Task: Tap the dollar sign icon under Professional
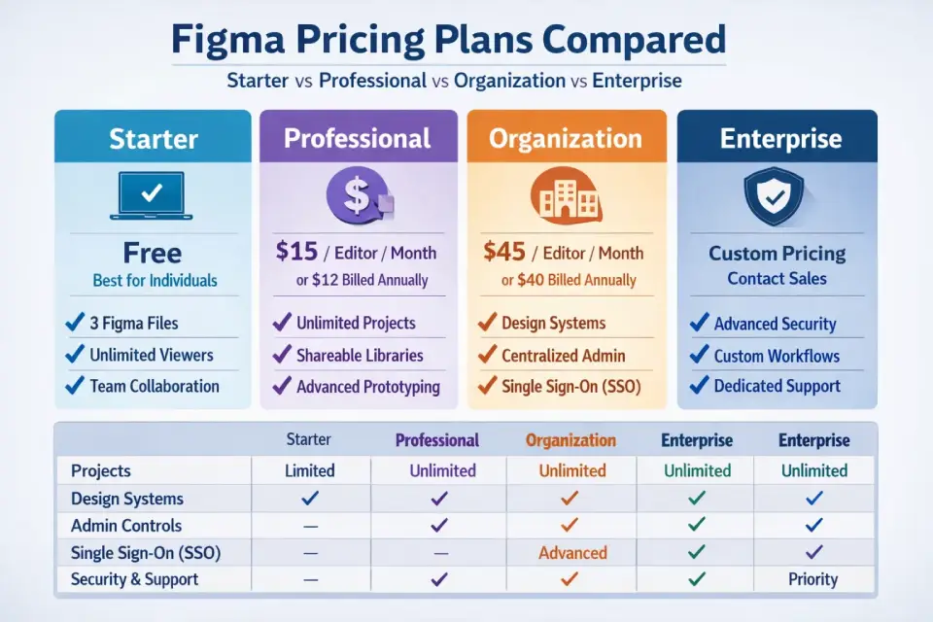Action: (357, 194)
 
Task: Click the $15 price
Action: (296, 253)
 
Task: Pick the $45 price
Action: (504, 253)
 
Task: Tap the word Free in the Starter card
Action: (153, 254)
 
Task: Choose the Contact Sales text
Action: (777, 279)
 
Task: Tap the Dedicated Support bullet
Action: (777, 386)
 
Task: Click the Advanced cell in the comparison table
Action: (572, 553)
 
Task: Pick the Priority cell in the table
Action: (813, 579)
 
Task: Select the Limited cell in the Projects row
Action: (309, 470)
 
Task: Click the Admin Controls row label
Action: (126, 526)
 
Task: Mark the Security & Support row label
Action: (134, 579)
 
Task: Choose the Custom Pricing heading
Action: (777, 254)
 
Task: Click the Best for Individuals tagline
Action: (155, 281)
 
